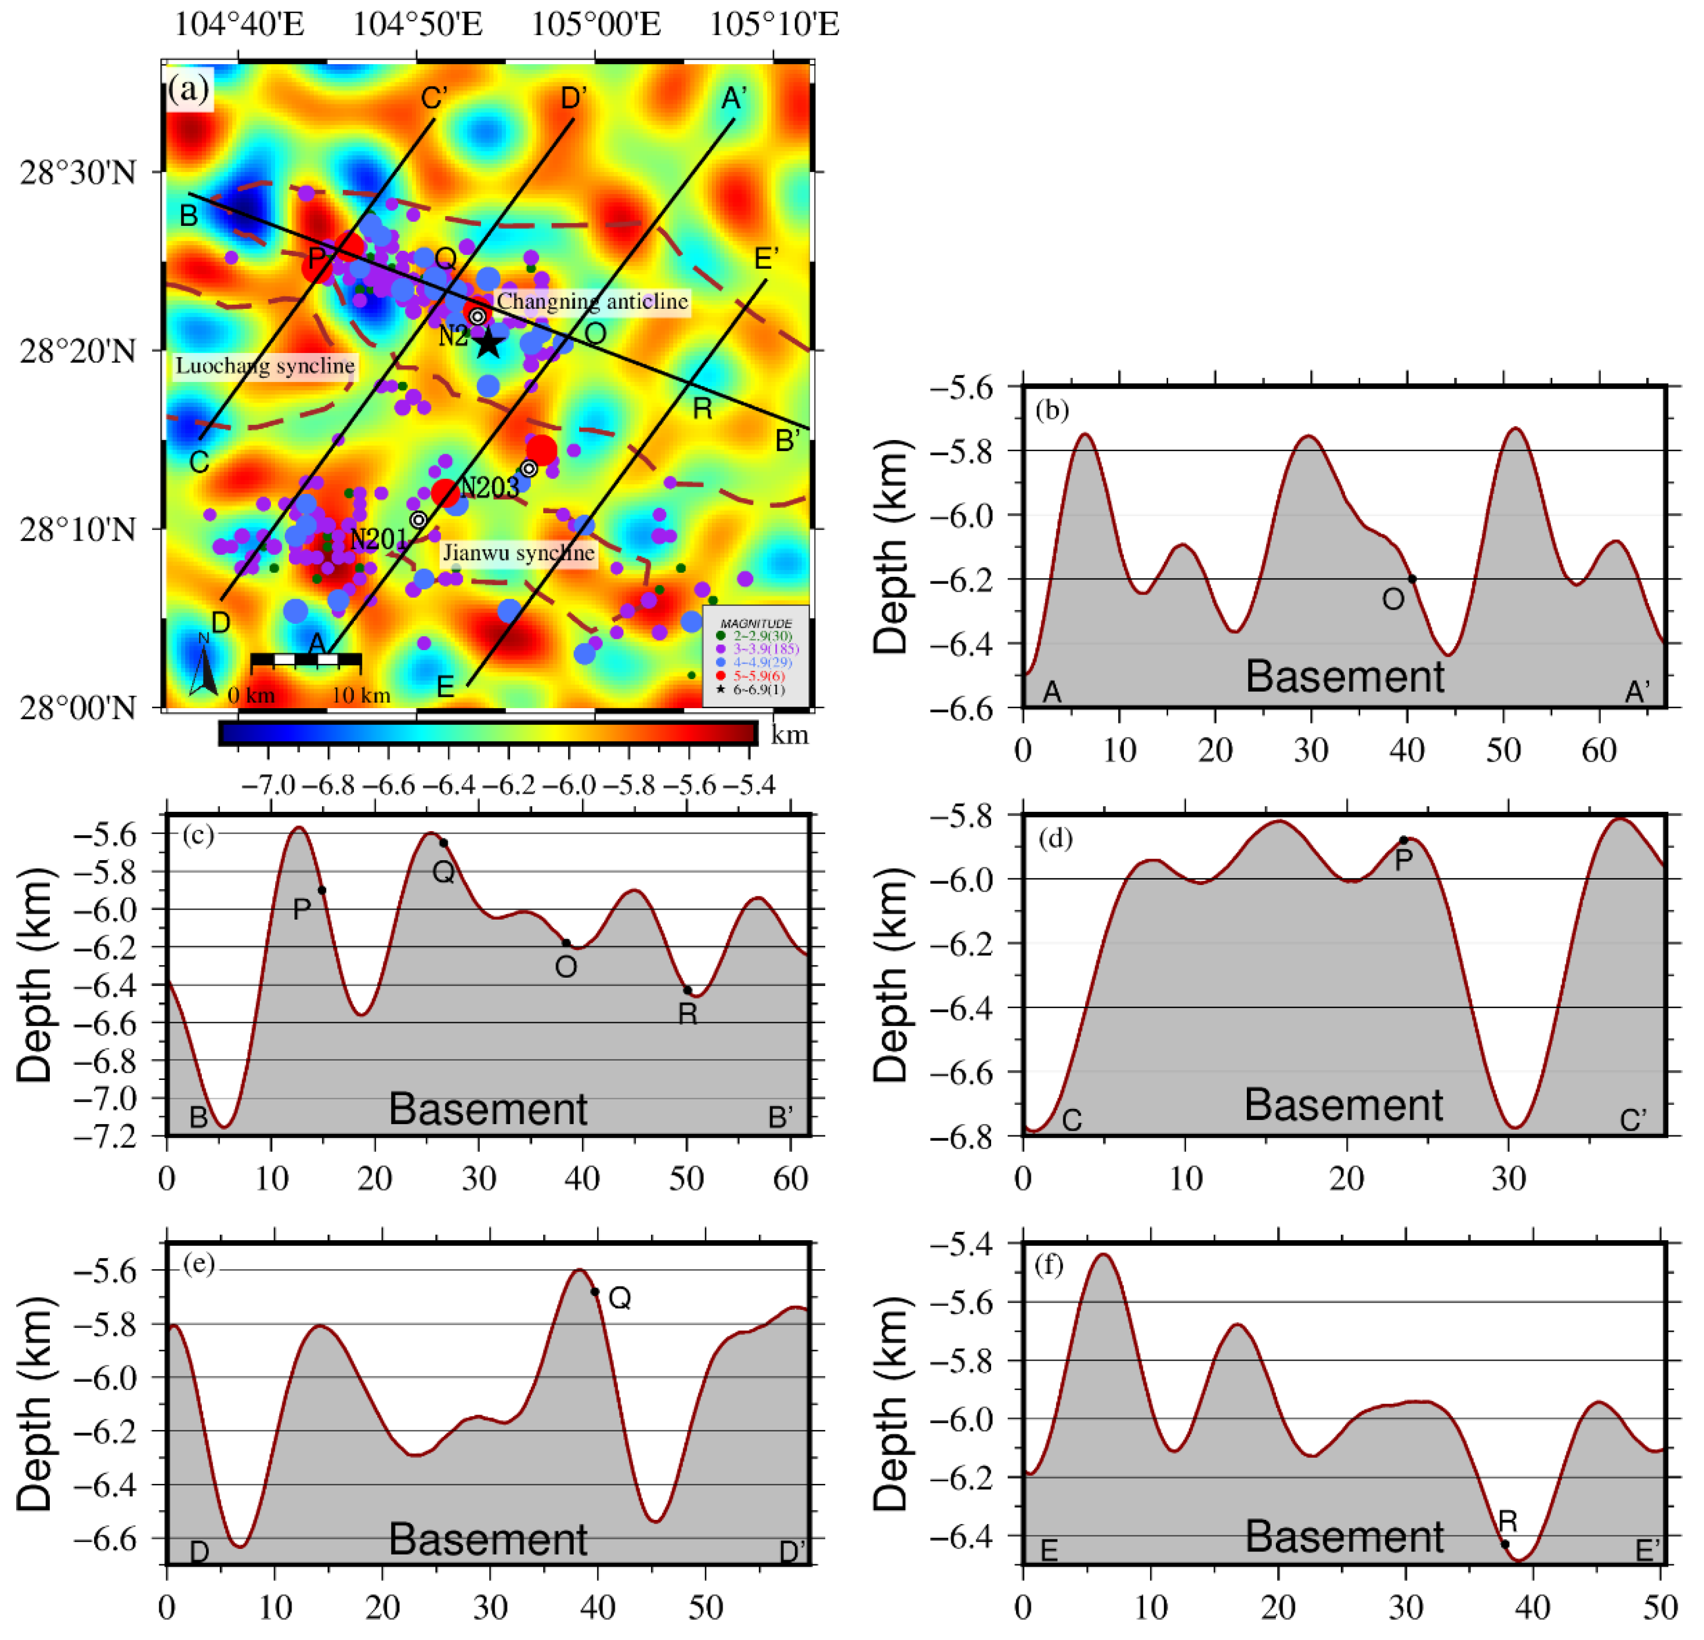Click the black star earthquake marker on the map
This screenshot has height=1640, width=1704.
489,343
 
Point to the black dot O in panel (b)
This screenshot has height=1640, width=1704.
1412,579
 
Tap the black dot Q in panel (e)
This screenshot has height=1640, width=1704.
594,1292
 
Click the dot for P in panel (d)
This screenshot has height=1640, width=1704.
1403,840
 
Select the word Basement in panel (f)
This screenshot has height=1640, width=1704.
1344,1537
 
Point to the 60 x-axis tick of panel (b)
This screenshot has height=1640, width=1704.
1599,750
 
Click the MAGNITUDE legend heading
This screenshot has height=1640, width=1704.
756,624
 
